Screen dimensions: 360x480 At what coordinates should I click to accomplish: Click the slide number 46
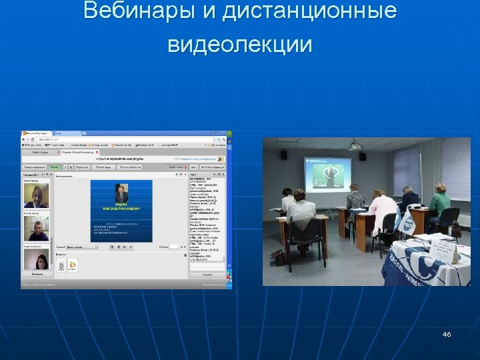coord(446,334)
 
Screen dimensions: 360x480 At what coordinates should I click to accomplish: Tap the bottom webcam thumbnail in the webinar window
coord(37,259)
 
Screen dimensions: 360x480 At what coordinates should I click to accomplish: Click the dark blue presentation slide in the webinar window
coord(121,211)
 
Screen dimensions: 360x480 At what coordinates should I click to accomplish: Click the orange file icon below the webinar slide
coord(73,265)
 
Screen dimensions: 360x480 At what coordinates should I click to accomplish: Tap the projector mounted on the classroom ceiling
coord(355,145)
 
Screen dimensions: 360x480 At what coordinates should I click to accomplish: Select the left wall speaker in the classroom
coord(284,155)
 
